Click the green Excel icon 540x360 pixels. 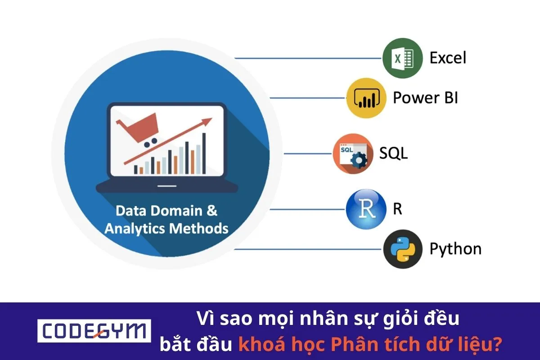pos(402,58)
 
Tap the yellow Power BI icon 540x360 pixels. pos(366,98)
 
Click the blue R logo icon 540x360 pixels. pos(366,209)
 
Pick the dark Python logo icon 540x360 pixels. pos(402,249)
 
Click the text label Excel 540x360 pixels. pos(447,58)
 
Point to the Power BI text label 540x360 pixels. pos(425,98)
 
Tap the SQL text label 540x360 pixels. pos(393,153)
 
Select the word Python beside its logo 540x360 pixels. pos(455,249)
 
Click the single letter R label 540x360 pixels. pos(397,210)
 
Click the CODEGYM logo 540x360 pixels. pos(94,331)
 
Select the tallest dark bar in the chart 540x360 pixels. pos(204,153)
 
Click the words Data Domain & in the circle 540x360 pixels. pos(166,211)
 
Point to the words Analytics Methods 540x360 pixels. pos(166,228)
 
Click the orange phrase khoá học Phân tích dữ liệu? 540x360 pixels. pos(370,345)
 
